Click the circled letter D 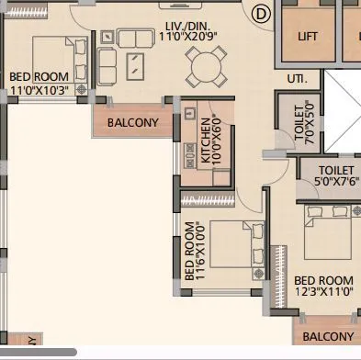[x=261, y=13]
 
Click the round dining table [x=204, y=64]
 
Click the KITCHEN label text [x=205, y=141]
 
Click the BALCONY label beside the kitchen [x=133, y=122]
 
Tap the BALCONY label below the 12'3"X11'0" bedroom [x=328, y=337]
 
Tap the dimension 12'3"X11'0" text [x=322, y=292]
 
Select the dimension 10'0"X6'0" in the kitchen [x=217, y=141]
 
